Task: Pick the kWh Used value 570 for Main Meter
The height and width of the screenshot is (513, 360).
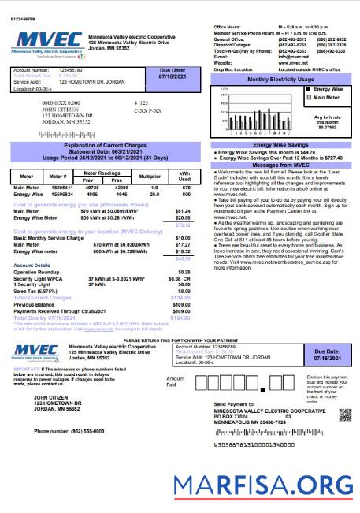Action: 186,188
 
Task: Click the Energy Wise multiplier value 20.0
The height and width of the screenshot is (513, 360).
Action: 150,193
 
